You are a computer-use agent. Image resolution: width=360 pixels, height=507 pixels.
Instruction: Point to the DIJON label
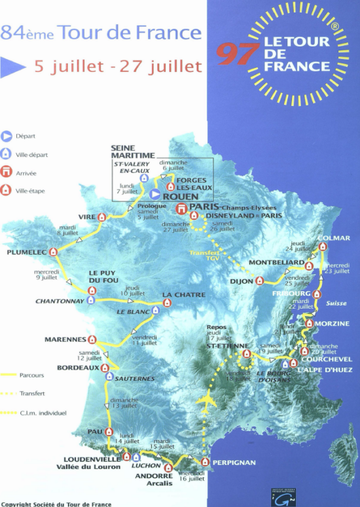pyautogui.click(x=241, y=282)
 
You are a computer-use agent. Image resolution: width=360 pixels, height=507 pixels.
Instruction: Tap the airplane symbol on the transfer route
pyautogui.click(x=209, y=401)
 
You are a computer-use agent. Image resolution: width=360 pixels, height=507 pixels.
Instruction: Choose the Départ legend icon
pyautogui.click(x=7, y=137)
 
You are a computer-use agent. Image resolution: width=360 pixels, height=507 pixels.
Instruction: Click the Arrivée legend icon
pyautogui.click(x=7, y=173)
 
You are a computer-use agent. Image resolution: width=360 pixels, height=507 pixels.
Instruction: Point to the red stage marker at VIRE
pyautogui.click(x=102, y=217)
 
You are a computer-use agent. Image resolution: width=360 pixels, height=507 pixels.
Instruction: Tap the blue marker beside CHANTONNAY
pyautogui.click(x=91, y=300)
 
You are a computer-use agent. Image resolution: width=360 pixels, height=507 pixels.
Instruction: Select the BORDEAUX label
pyautogui.click(x=77, y=368)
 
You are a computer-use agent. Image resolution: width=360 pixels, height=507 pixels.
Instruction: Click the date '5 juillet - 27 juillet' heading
pyautogui.click(x=118, y=67)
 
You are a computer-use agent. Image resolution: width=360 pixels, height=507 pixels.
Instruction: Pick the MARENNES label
pyautogui.click(x=65, y=340)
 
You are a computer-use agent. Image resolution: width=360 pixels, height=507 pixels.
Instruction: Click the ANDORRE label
pyautogui.click(x=154, y=476)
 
